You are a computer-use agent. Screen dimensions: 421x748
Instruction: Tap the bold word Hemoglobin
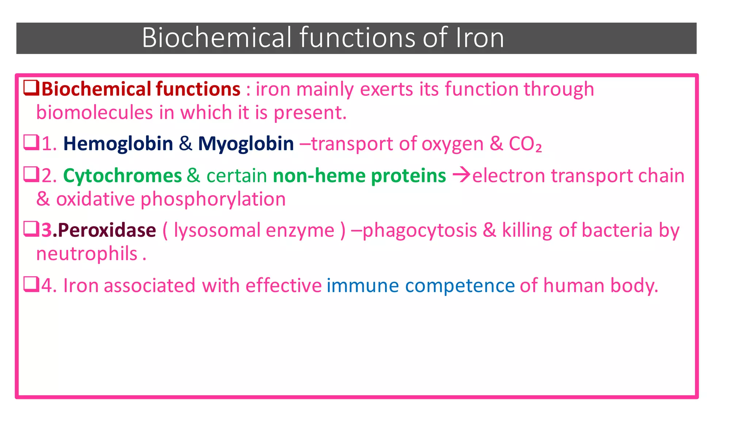pos(118,144)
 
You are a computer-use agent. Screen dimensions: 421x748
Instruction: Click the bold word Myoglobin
pos(246,144)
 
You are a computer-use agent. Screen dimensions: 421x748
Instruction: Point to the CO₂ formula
pos(525,144)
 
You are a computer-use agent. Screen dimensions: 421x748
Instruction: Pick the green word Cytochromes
pos(122,176)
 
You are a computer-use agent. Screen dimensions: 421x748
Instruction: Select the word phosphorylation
pos(213,200)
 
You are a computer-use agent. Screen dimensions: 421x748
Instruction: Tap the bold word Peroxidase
pos(107,231)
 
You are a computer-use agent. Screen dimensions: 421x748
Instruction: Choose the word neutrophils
pos(87,254)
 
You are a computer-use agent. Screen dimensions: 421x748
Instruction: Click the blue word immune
pos(362,286)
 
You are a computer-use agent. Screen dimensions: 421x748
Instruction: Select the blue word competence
pos(460,286)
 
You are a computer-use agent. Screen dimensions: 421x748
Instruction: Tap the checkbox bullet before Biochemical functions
pos(31,88)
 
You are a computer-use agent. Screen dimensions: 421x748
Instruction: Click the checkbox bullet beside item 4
pos(31,284)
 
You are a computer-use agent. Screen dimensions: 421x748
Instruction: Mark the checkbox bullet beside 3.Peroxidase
pos(31,229)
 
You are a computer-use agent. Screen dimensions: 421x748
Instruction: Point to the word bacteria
pos(617,231)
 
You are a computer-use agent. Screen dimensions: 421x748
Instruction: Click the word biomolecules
pos(94,113)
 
